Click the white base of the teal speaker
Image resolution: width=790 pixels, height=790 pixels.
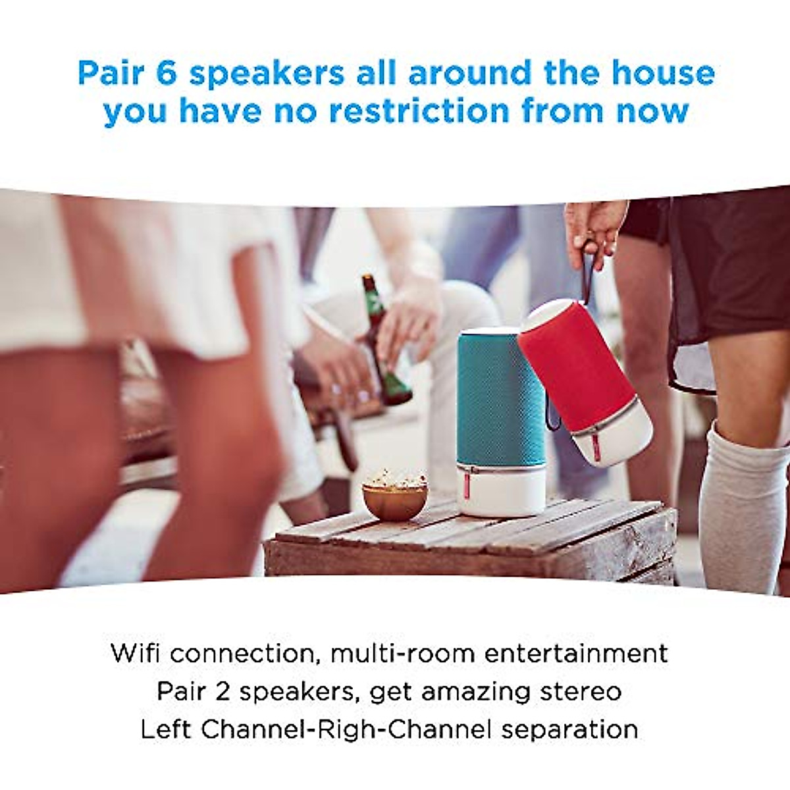502,490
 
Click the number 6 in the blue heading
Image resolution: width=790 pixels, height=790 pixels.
166,72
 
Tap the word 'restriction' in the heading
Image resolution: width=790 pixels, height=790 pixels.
419,111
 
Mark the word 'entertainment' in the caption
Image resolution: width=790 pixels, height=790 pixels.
576,653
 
